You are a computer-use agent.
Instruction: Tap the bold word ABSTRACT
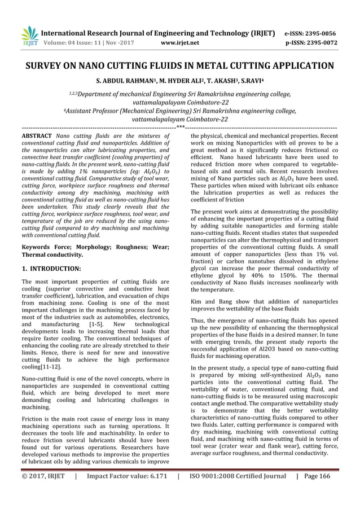pos(37,137)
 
